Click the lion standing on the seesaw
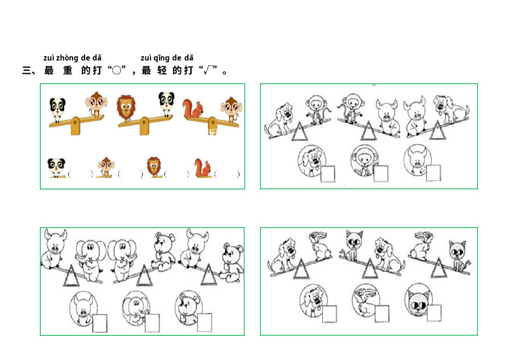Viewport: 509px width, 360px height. tap(126, 108)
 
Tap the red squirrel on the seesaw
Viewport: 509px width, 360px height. tap(193, 108)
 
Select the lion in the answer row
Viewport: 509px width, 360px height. tap(154, 166)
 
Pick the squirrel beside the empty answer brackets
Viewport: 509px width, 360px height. tap(203, 168)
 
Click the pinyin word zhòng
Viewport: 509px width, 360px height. tap(67, 58)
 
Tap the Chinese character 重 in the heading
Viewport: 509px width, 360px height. tap(68, 70)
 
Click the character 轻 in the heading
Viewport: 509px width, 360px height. tap(161, 70)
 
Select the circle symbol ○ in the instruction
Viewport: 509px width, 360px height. tap(117, 70)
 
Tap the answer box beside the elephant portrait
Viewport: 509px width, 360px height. tap(152, 323)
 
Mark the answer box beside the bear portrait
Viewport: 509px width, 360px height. tap(204, 322)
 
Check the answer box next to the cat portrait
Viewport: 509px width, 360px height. tap(434, 313)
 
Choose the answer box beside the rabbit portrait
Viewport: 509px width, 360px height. tap(382, 314)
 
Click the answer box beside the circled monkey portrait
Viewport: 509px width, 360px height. tap(381, 174)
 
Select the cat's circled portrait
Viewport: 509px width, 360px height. tap(419, 299)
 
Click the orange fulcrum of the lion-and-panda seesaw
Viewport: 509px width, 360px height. tap(144, 126)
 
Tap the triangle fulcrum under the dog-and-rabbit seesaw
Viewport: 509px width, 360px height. tap(302, 269)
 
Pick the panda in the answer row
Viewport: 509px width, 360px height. tap(56, 168)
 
